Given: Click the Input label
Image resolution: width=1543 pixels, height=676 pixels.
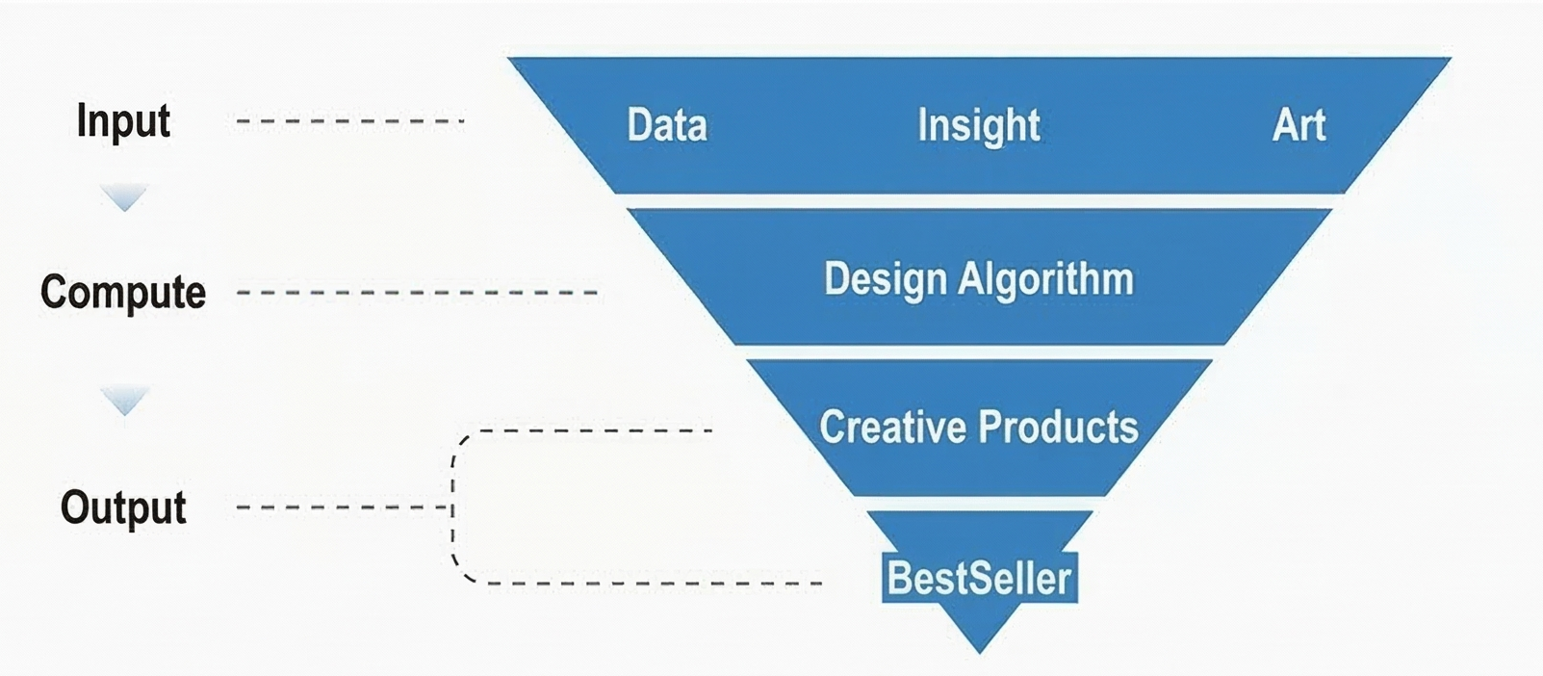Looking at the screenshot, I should [123, 121].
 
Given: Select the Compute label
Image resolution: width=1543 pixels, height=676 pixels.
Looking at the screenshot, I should [123, 292].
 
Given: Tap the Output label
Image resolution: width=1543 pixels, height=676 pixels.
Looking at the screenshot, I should [123, 507].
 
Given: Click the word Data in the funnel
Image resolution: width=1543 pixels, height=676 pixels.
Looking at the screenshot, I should [667, 125].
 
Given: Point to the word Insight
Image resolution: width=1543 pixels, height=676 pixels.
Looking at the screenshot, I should [979, 125].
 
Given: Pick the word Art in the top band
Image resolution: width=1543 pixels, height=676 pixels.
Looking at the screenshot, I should [1299, 125].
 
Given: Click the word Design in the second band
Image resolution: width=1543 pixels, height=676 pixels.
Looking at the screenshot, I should [886, 279].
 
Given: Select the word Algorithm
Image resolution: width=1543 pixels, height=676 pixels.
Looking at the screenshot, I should [1045, 279].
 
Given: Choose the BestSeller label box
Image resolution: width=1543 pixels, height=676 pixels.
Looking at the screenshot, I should [979, 578].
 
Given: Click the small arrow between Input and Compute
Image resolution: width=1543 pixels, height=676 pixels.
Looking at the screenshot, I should [124, 198].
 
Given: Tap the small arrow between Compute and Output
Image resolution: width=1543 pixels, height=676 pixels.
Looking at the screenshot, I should [124, 401].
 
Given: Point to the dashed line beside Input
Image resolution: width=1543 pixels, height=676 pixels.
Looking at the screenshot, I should [350, 121].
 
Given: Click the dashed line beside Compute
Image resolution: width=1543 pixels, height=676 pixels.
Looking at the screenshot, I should [417, 292].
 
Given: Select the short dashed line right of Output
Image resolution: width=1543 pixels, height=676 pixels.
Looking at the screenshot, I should [342, 507].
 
